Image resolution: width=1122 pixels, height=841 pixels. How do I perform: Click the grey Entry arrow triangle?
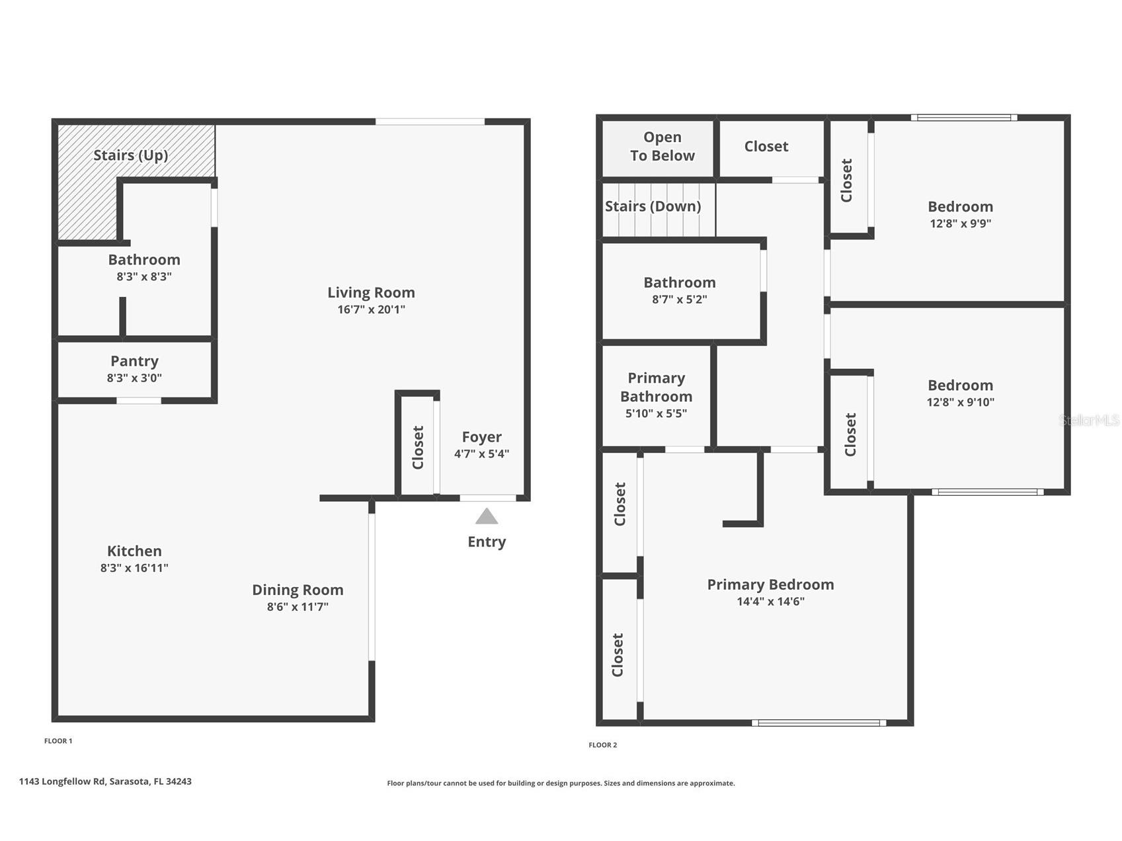coord(486,517)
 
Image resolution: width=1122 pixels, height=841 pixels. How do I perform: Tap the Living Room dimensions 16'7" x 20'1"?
coord(371,309)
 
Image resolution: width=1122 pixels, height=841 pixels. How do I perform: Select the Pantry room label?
coord(134,361)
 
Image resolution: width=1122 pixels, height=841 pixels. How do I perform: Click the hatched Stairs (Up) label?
coord(130,155)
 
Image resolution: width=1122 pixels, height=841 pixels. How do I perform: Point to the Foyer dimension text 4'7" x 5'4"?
coord(481,454)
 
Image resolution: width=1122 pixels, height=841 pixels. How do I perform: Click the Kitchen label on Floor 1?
coord(134,551)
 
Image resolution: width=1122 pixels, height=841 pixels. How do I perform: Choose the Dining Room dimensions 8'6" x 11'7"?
coord(298,607)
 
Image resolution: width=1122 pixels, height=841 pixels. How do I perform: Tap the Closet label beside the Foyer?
coord(418,448)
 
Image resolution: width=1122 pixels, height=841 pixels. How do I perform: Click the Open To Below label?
coord(662,146)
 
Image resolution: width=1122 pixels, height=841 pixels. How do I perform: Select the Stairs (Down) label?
coord(653,206)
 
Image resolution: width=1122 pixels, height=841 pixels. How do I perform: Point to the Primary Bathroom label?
coord(656,387)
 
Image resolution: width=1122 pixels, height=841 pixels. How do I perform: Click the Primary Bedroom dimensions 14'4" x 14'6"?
coord(770,602)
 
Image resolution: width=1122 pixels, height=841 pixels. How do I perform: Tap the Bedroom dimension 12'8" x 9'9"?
coord(960,223)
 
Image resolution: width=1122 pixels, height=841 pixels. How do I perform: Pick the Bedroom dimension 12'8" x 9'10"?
coord(960,402)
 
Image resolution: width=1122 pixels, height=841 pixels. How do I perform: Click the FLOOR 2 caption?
coord(602,745)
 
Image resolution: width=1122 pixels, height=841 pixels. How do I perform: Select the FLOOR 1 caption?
coord(58,741)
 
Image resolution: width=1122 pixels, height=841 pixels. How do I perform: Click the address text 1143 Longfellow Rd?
coord(62,781)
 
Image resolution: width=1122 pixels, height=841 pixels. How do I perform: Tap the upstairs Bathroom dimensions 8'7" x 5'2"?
coord(679,300)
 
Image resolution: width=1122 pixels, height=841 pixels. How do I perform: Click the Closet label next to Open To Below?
coord(766,146)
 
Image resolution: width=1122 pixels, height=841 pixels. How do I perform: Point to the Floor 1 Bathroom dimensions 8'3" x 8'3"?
coord(144,277)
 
